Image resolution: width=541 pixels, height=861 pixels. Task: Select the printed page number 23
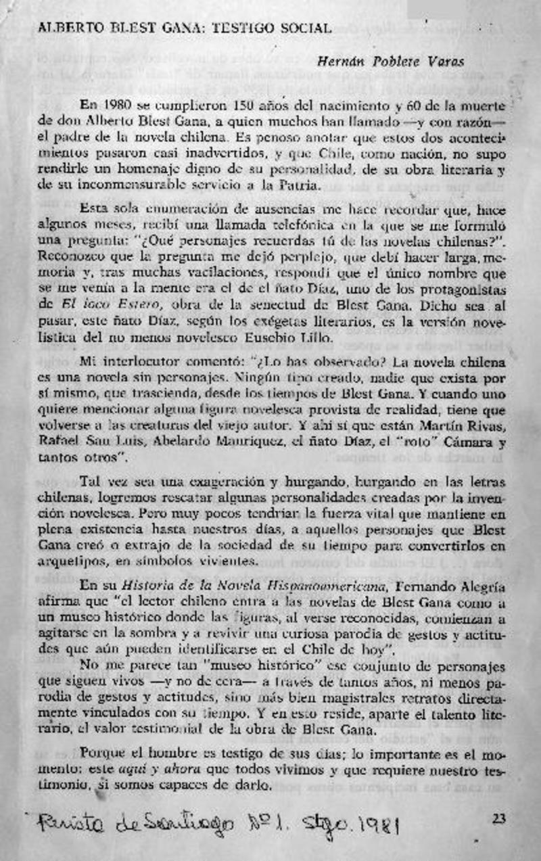499,819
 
